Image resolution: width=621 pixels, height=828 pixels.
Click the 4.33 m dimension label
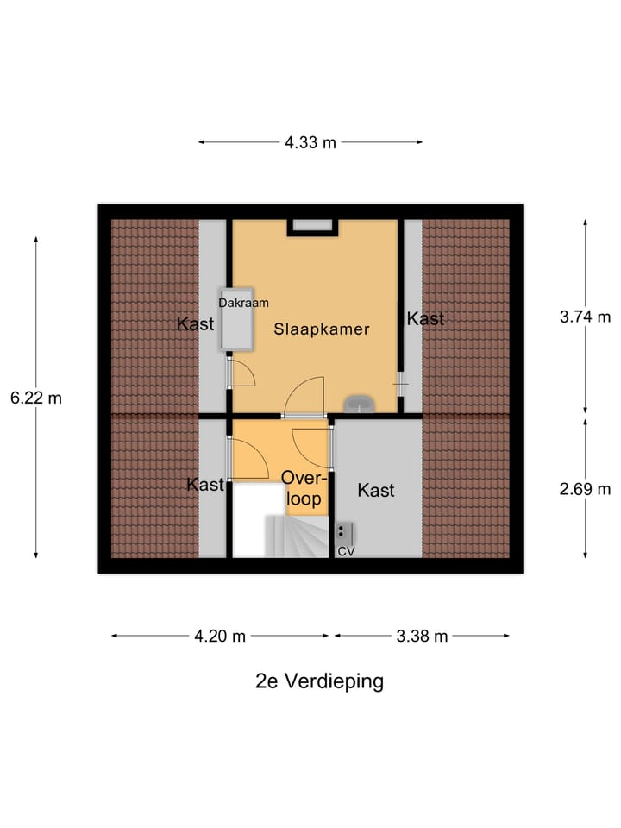[310, 143]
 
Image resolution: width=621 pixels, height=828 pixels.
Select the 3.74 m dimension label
[585, 317]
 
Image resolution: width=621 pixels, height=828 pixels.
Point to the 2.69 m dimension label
[585, 488]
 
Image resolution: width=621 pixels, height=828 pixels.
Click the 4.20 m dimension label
[220, 637]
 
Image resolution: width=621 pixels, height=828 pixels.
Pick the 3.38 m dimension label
[422, 637]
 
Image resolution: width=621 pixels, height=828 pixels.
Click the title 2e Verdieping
[319, 681]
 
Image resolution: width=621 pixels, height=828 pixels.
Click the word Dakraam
[243, 303]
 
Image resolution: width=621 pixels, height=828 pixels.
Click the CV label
[346, 551]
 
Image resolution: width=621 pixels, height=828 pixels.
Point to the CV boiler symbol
[342, 532]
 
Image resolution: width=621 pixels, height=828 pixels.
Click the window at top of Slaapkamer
[312, 226]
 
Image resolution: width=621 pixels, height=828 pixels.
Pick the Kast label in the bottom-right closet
[376, 491]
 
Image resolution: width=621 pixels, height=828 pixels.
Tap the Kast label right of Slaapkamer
[425, 319]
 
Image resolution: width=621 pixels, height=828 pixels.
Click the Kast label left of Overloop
[205, 485]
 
